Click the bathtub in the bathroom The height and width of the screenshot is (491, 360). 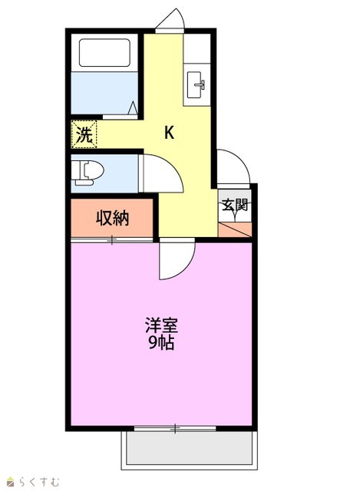104,53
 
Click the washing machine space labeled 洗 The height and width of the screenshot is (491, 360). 84,134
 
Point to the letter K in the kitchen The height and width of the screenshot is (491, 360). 169,133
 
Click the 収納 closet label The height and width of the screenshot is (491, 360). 112,218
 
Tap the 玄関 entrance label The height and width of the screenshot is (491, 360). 235,205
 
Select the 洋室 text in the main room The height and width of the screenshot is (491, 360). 161,325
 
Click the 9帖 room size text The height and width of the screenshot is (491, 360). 161,343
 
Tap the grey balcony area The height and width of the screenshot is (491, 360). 190,448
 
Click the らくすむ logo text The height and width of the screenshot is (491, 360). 38,481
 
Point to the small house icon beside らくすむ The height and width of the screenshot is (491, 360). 11,482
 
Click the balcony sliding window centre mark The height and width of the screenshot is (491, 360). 175,428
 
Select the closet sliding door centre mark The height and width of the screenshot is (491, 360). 112,240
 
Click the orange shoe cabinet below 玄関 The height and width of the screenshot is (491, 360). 235,229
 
